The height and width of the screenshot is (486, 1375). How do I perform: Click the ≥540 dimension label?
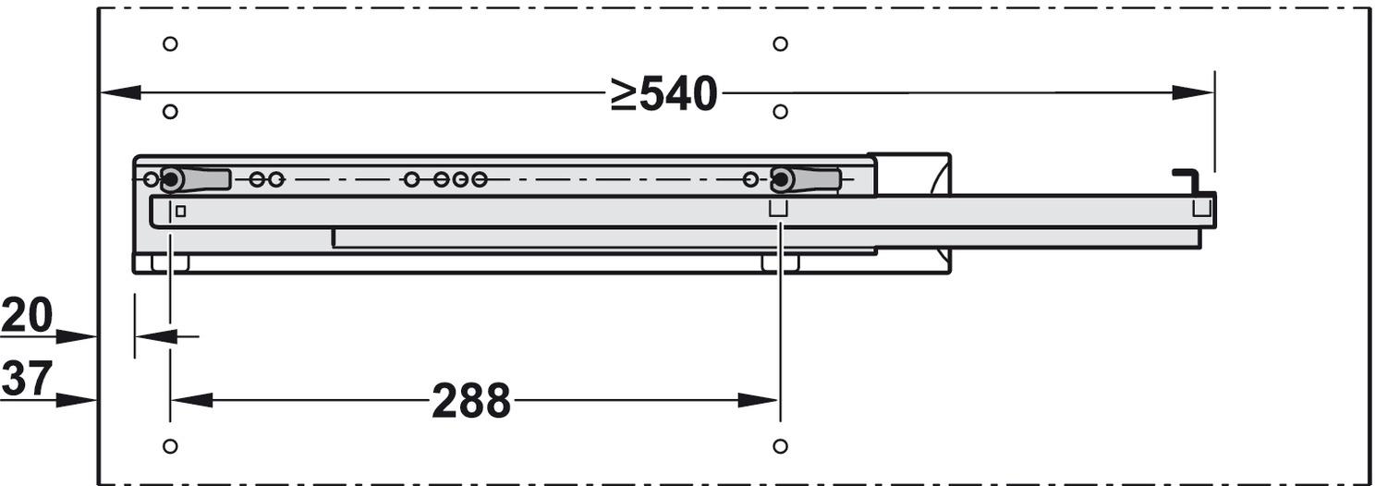pyautogui.click(x=663, y=94)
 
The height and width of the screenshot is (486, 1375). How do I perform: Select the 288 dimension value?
pyautogui.click(x=471, y=401)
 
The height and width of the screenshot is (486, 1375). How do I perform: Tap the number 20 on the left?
pyautogui.click(x=27, y=315)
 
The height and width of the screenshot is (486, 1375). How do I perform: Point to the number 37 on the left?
pyautogui.click(x=27, y=379)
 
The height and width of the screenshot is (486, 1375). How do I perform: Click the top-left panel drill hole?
pyautogui.click(x=170, y=44)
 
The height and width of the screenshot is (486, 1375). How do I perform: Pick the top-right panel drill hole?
pyautogui.click(x=780, y=44)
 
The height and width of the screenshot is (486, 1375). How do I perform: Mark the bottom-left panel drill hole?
pyautogui.click(x=170, y=445)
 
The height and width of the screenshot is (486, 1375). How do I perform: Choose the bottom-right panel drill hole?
pyautogui.click(x=780, y=445)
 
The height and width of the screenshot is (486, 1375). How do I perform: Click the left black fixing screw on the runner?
pyautogui.click(x=171, y=180)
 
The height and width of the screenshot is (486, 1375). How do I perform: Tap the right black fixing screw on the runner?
pyautogui.click(x=782, y=180)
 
